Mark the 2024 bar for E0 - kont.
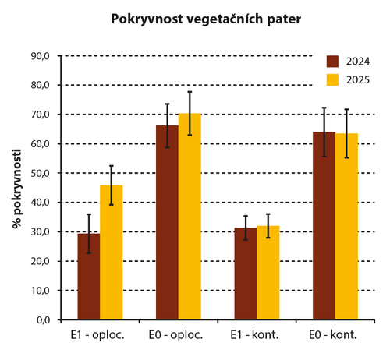[x=324, y=226]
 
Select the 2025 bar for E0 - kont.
[x=346, y=227]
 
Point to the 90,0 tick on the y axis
[x=39, y=56]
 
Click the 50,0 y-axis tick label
[x=39, y=173]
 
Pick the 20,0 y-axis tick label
[x=39, y=261]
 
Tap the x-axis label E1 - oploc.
[x=100, y=336]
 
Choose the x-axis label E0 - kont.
[x=335, y=336]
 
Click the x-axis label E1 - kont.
[x=257, y=336]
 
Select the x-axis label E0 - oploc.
[x=178, y=336]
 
